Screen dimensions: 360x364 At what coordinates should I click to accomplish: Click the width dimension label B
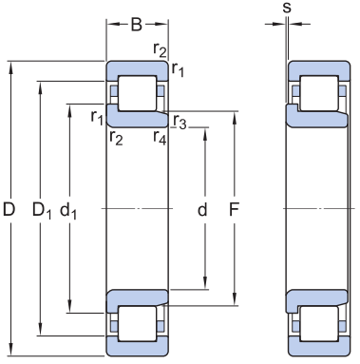pos(137,25)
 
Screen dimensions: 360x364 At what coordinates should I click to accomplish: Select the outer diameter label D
pos(9,209)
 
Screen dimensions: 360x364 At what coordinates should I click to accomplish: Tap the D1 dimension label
pos(42,210)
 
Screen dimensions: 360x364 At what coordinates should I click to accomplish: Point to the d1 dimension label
pos(68,210)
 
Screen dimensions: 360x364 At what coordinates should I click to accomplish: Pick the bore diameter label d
pos(202,209)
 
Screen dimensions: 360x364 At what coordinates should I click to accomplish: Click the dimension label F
pos(234,209)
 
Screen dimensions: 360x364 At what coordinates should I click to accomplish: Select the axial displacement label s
pos(287,8)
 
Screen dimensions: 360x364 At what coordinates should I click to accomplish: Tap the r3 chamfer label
pos(180,122)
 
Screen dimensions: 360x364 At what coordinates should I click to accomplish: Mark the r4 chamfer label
pos(160,138)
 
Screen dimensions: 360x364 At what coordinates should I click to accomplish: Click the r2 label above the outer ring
pos(160,49)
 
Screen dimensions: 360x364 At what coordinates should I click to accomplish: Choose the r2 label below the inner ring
pos(116,138)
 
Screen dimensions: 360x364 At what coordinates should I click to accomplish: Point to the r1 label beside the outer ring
pos(178,69)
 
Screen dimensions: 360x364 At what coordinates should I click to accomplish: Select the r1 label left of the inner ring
pos(97,118)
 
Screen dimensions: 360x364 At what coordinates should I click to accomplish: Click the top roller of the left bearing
pos(138,93)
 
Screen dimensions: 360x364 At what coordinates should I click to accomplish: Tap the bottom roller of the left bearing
pos(138,323)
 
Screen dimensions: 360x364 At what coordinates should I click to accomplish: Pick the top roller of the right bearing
pos(319,93)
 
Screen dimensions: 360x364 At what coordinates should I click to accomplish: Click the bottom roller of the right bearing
pos(319,323)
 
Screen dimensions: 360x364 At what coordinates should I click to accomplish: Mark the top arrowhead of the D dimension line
pos(11,67)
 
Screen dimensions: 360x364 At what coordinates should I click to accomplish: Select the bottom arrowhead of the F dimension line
pos(235,299)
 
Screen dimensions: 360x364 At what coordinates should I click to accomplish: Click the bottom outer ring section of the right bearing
pos(319,347)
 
